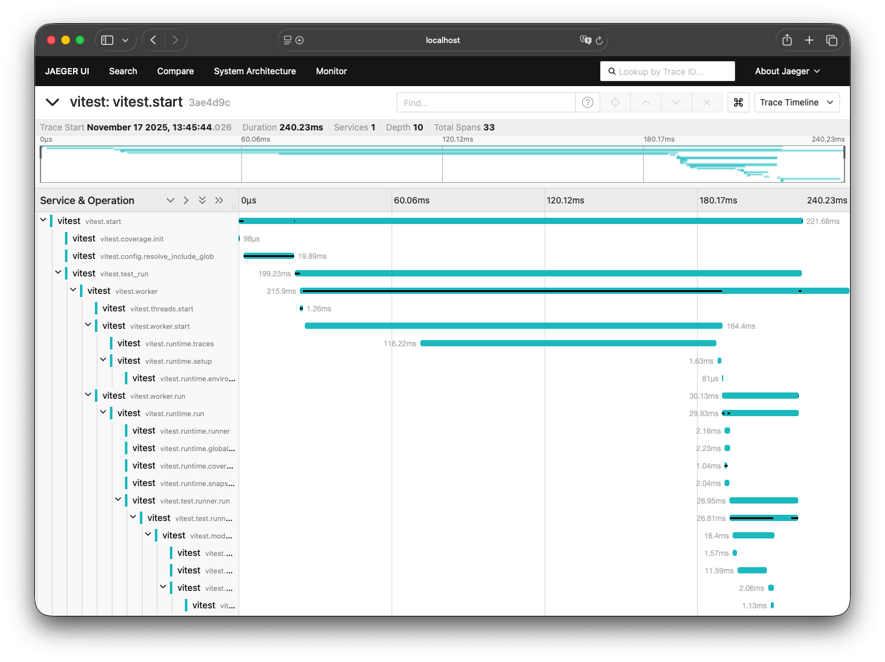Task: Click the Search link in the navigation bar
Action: [x=123, y=71]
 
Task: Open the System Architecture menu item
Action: [x=255, y=71]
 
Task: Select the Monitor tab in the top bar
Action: [x=331, y=71]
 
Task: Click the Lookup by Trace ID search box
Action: [x=668, y=72]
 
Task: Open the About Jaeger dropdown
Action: [x=787, y=71]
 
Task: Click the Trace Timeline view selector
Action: [x=796, y=102]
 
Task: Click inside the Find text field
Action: [x=485, y=102]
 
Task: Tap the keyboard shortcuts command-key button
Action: [x=738, y=102]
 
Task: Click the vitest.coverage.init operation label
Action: [x=132, y=239]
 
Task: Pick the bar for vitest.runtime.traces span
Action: [x=568, y=343]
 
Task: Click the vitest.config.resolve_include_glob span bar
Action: [x=269, y=256]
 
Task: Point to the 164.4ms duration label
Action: [x=741, y=326]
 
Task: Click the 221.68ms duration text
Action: [x=823, y=221]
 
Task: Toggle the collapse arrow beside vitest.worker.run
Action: [x=88, y=395]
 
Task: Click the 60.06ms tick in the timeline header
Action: [x=412, y=200]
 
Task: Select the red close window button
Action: [x=51, y=40]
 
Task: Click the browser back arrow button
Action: [x=154, y=40]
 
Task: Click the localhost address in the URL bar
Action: [x=443, y=40]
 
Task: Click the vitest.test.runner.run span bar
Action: [x=763, y=500]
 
